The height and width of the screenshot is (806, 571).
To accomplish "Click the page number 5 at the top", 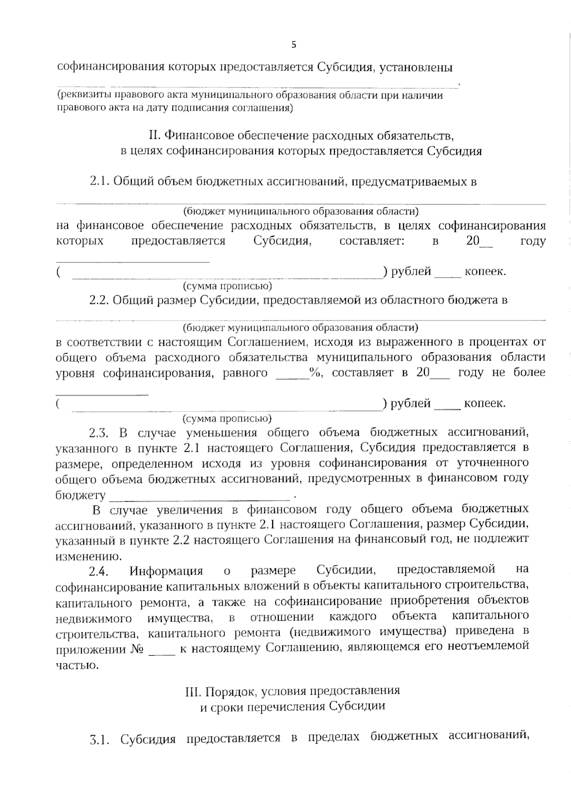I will click(293, 45).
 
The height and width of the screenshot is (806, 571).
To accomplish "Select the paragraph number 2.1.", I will click(99, 182).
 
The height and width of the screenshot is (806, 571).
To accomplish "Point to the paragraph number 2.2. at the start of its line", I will click(99, 301).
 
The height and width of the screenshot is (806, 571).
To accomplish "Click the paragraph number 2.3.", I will click(99, 433).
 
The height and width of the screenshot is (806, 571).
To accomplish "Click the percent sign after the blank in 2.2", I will click(315, 373).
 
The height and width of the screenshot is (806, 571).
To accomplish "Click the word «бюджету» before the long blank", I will click(80, 495).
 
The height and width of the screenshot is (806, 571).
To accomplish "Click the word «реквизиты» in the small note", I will click(79, 96).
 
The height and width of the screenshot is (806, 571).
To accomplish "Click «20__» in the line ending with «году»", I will click(479, 241).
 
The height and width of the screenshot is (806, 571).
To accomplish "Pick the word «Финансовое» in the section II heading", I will click(199, 136).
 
